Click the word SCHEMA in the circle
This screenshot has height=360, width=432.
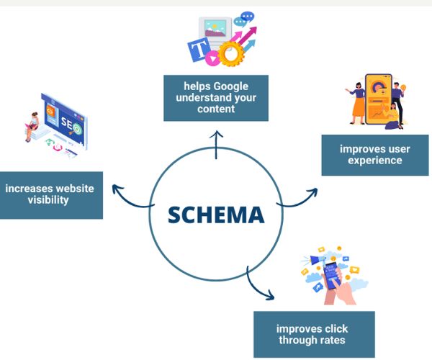tap(216, 215)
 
